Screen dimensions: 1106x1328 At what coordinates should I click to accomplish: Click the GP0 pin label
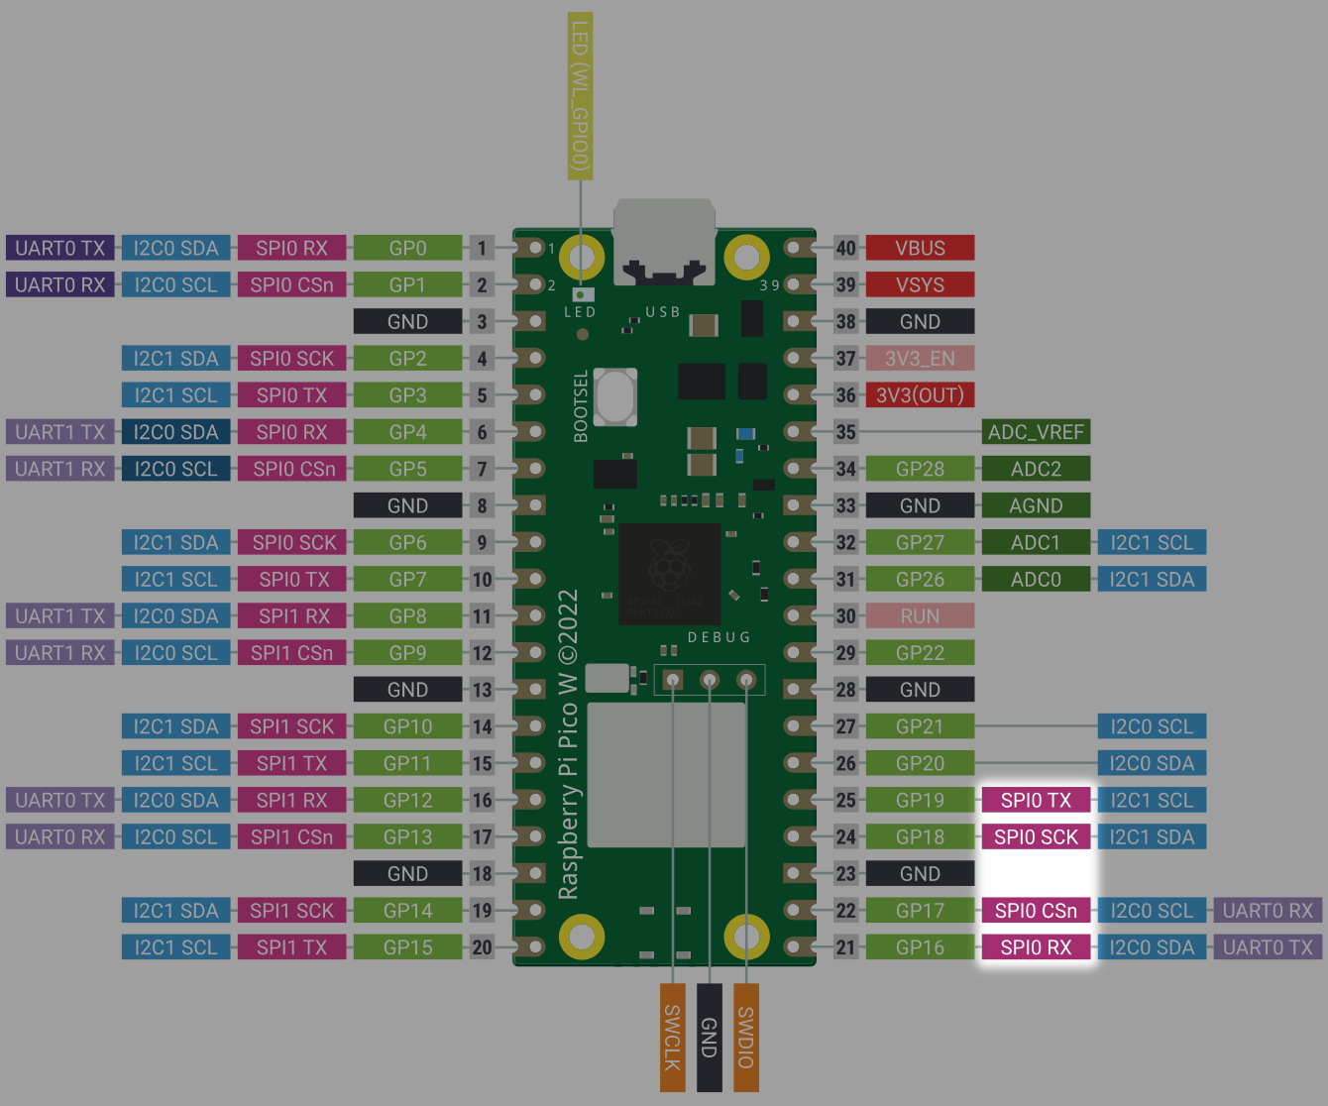407,248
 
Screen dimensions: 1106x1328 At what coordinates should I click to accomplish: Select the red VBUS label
920,248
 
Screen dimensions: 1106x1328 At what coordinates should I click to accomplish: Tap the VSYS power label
920,284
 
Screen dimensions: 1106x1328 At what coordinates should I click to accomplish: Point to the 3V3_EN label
920,358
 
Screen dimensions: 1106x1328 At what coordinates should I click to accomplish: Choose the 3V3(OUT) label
920,395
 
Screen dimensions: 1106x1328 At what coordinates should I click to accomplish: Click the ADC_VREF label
1036,432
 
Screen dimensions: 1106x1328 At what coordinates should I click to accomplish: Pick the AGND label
1036,505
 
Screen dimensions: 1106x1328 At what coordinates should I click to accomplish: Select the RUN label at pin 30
920,616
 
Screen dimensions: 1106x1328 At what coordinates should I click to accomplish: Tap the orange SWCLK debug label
673,1038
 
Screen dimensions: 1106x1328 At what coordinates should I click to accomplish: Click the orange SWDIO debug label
746,1038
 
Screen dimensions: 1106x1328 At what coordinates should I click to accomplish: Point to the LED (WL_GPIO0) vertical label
580,96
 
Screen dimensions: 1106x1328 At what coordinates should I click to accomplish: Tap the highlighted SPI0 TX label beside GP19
1036,800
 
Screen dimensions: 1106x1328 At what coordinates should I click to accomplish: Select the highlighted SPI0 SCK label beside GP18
1036,837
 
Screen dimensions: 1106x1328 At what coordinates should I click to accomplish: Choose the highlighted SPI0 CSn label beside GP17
1036,911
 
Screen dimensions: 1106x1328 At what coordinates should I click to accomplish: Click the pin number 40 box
845,248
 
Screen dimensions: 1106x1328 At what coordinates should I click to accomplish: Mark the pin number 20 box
482,947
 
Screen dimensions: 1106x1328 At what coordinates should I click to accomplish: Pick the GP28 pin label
920,469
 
